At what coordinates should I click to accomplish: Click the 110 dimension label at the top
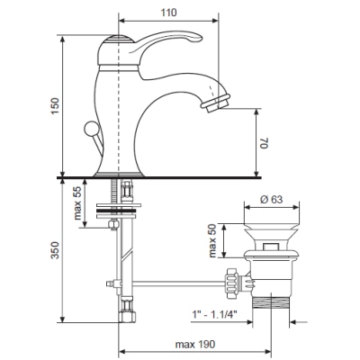168,13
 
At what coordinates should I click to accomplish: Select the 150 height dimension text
55,106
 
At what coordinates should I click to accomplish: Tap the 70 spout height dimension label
265,142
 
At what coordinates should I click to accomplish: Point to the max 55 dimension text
77,203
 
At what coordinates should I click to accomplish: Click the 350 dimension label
55,250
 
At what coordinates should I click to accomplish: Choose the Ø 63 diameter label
272,199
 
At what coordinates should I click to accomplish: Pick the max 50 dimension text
212,240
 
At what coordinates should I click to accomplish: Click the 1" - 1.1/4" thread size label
214,314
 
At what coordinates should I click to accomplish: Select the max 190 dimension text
195,344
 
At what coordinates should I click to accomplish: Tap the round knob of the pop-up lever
91,129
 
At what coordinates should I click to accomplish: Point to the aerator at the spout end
216,103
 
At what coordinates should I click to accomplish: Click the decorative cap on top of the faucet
120,40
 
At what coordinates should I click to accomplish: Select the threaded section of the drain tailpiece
271,301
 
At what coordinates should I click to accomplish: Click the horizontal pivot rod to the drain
178,282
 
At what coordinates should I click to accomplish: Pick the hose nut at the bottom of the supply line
127,316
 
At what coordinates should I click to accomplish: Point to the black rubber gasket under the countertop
116,211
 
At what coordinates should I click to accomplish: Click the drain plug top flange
272,227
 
